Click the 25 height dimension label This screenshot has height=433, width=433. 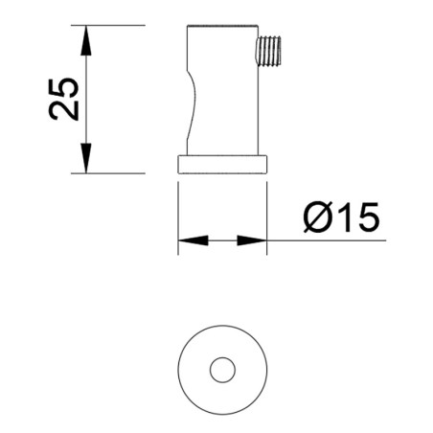(64, 97)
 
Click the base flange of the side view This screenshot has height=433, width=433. (221, 163)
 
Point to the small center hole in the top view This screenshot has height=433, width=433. (222, 368)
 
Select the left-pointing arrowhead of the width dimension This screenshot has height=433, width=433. (192, 240)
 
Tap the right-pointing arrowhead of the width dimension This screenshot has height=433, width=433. (252, 240)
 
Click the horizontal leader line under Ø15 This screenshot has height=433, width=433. (326, 240)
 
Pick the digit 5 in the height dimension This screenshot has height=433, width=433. (64, 84)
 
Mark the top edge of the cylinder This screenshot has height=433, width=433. (222, 26)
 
